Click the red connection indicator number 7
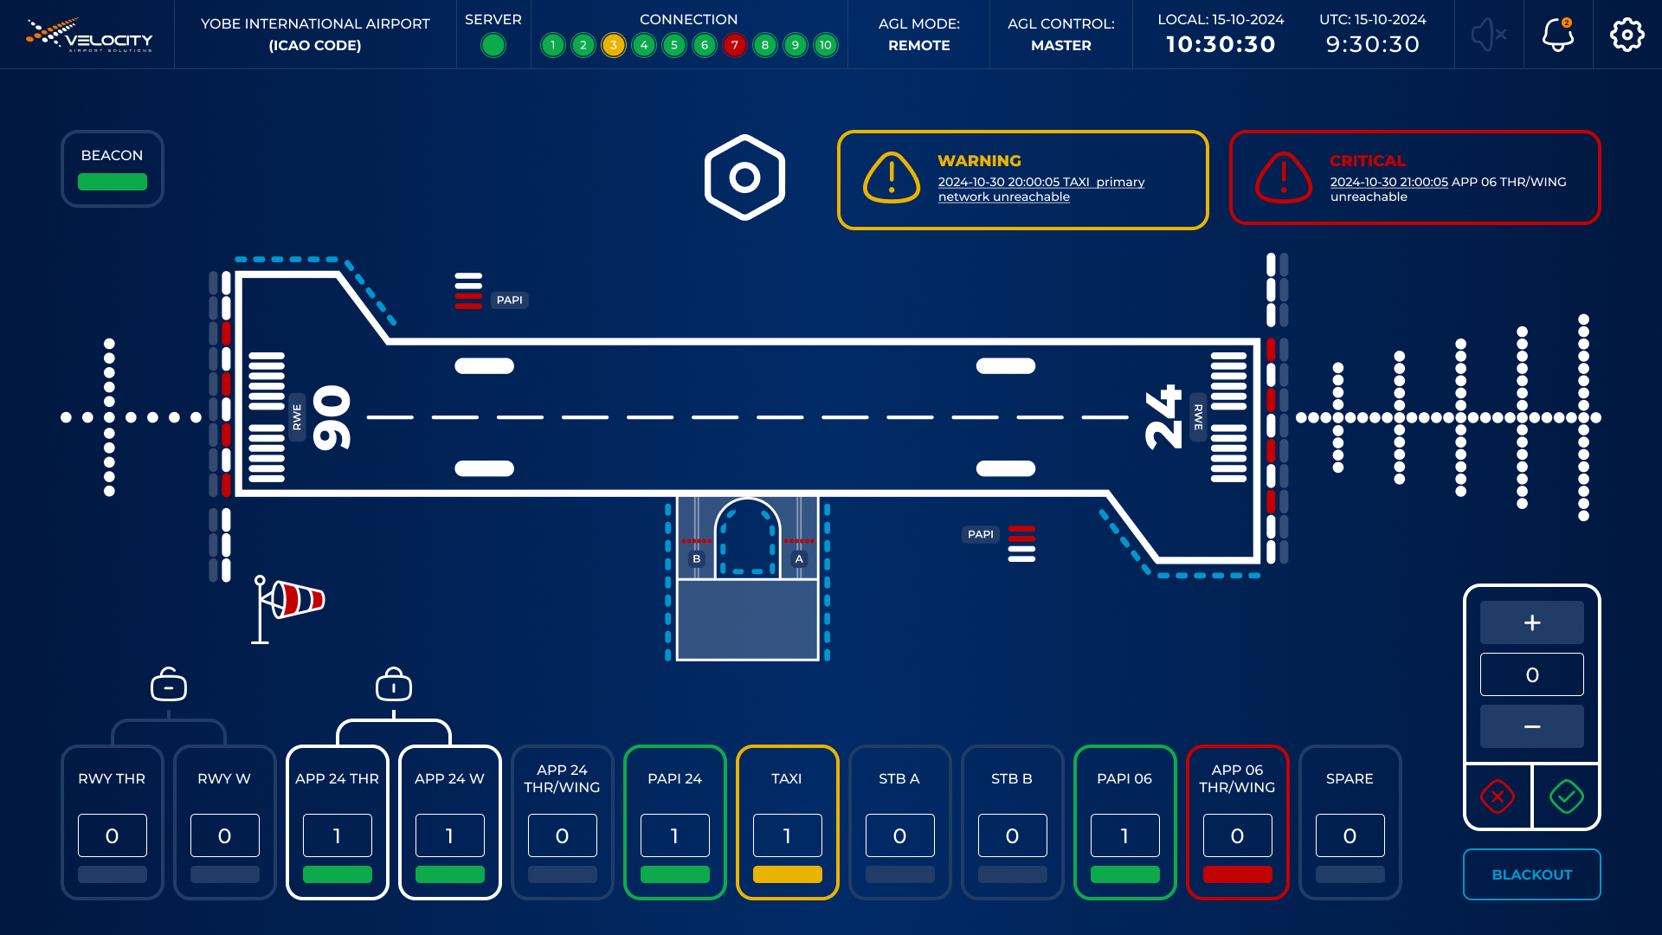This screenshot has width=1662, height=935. [x=735, y=45]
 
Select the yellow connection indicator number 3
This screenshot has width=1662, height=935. [x=614, y=45]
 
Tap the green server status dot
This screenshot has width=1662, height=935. [x=493, y=45]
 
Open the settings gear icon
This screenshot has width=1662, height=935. [x=1627, y=35]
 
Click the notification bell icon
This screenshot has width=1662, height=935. [x=1558, y=35]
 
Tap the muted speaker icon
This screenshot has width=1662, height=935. [x=1489, y=35]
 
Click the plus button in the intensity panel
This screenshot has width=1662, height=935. [x=1532, y=622]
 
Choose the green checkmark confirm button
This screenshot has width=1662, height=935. [x=1567, y=796]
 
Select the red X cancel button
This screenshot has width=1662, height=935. [x=1498, y=796]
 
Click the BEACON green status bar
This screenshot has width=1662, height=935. [x=113, y=182]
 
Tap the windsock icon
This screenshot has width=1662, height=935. [x=288, y=609]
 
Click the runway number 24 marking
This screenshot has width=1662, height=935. [x=1163, y=417]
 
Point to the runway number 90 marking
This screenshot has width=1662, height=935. [x=332, y=417]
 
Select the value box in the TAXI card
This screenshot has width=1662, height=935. [x=788, y=835]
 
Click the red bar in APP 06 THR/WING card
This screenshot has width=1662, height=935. [x=1238, y=874]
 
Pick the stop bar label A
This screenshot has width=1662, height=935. [x=799, y=559]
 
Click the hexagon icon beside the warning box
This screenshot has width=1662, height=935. [x=744, y=177]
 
